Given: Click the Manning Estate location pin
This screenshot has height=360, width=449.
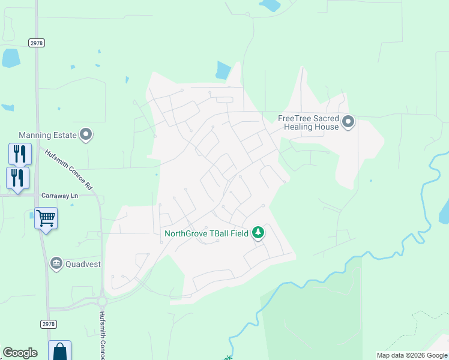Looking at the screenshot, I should click(86, 135).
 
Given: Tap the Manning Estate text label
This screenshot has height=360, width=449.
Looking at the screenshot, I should click(48, 136).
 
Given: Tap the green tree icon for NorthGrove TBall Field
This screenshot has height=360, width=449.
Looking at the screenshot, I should click(258, 232).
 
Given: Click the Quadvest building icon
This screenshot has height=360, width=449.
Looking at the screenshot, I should click(56, 263).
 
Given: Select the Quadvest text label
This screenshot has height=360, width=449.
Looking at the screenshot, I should click(83, 263).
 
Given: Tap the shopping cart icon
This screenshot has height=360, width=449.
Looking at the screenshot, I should click(46, 218).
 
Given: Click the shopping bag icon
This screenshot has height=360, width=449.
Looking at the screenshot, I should click(60, 351).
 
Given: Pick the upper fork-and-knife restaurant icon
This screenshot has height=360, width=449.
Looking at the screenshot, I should click(20, 154).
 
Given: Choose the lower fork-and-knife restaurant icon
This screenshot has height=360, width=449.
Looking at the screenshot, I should click(17, 178).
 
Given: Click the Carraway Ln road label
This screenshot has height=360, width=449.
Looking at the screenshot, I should click(60, 196).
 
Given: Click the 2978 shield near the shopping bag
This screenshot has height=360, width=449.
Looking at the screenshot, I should click(49, 324).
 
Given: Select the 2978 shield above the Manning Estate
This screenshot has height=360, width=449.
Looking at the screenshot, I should click(36, 43).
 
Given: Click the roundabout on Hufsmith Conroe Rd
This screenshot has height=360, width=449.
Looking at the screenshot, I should click(102, 301).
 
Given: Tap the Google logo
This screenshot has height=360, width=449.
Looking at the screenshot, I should click(20, 353).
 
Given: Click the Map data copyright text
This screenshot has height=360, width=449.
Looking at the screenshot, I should click(412, 355).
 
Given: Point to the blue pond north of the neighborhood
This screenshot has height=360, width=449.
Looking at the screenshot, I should click(223, 71).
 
